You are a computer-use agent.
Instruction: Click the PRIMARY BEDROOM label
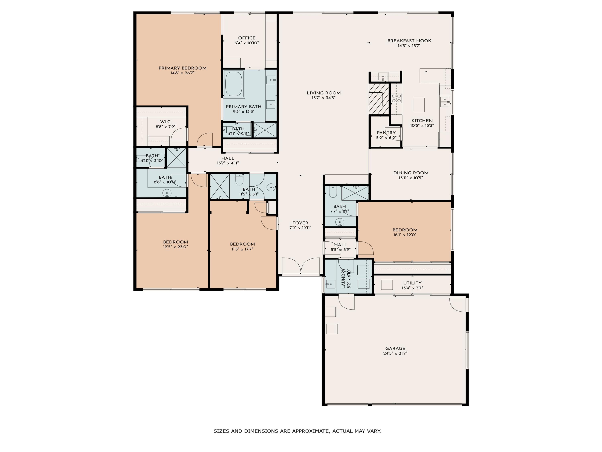(182, 68)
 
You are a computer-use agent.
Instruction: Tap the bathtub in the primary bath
(234, 84)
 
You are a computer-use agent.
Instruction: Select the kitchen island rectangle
(419, 105)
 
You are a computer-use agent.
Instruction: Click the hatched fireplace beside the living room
(379, 99)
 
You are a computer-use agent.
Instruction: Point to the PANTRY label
(386, 133)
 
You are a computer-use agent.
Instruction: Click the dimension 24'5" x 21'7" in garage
(395, 353)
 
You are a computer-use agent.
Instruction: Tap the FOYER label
(300, 223)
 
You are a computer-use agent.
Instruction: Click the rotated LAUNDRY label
(343, 278)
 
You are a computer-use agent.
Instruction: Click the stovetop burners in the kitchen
(396, 98)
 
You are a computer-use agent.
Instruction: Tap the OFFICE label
(247, 38)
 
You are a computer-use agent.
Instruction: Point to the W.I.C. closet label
(166, 122)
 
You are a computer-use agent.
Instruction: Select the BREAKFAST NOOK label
(409, 41)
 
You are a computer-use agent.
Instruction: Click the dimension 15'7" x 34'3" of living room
(324, 98)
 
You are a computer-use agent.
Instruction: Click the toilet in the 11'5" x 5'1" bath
(239, 180)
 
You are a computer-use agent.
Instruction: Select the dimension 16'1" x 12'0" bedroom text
(405, 235)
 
